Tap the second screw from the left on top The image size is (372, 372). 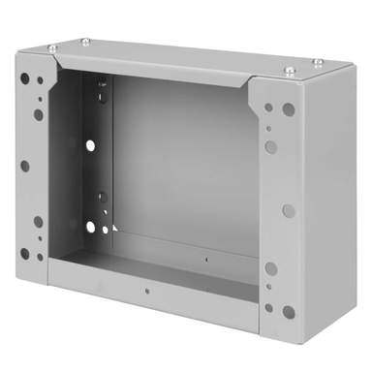tap(85, 41)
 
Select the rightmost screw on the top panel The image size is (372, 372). tap(319, 62)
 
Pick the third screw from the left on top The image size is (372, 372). tap(290, 70)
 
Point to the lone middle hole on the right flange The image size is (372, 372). tap(288, 209)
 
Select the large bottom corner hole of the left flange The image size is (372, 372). tap(25, 254)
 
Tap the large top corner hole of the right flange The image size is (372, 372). tap(289, 109)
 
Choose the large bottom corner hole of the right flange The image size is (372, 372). tap(289, 312)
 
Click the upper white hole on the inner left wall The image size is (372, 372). tap(90, 145)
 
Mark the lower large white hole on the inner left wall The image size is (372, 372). tap(90, 228)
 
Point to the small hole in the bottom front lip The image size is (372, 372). tap(146, 290)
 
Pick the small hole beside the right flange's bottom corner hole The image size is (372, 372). tap(269, 308)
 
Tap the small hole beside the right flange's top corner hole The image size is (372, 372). tap(268, 107)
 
